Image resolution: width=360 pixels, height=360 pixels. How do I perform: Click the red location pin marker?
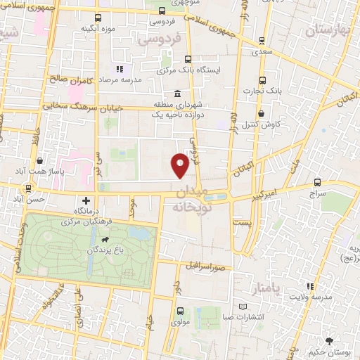click(180, 165)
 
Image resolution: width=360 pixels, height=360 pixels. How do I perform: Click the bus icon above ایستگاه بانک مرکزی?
click(187, 60)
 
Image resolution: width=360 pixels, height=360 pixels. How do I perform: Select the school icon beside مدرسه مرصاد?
click(119, 69)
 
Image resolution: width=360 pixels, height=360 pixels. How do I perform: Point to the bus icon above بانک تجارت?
click(263, 80)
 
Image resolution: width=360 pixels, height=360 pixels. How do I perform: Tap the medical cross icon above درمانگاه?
click(86, 200)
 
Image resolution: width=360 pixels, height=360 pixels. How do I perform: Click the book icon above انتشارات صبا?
click(243, 307)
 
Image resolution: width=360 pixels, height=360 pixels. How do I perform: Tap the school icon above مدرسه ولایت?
click(310, 286)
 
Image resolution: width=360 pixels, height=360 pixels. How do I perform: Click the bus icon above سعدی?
click(263, 41)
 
